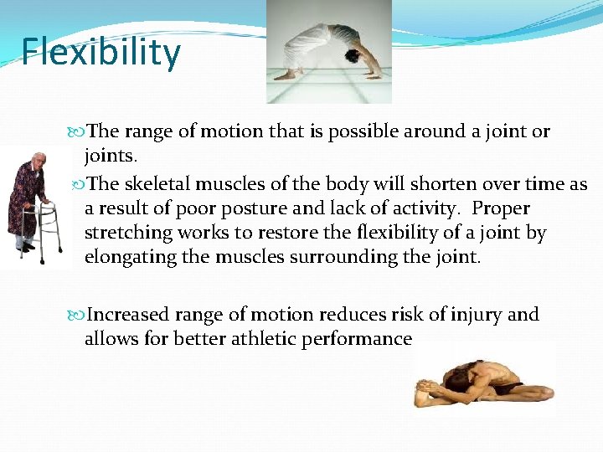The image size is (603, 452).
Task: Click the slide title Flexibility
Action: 101,52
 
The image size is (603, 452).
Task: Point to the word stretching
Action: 129,232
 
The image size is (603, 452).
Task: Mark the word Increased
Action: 130,315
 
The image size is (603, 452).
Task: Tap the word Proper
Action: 500,208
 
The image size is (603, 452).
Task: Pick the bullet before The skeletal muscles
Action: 78,184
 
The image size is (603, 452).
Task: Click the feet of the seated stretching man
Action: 427,389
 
